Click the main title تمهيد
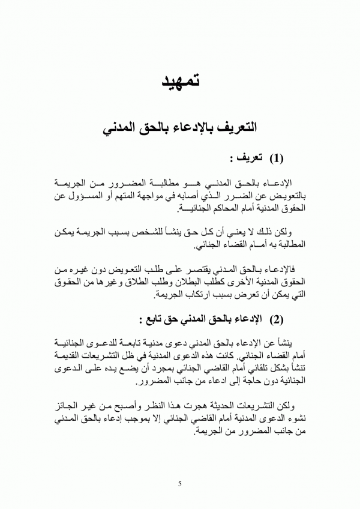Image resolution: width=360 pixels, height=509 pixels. coord(179,81)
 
